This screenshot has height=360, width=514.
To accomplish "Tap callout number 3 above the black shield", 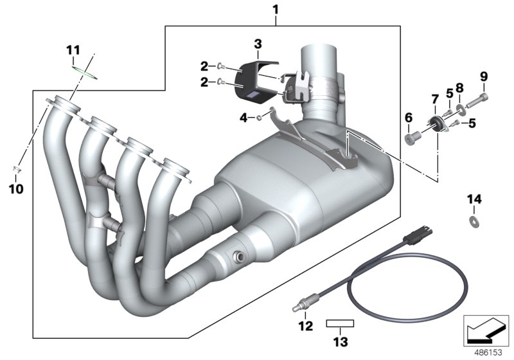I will point(257,44).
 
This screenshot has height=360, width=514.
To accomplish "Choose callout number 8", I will point(459,87).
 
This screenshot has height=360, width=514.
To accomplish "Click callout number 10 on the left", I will point(17,189).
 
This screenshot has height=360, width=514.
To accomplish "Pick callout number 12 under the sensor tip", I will point(305,327).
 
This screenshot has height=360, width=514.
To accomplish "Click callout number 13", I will point(340,340).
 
